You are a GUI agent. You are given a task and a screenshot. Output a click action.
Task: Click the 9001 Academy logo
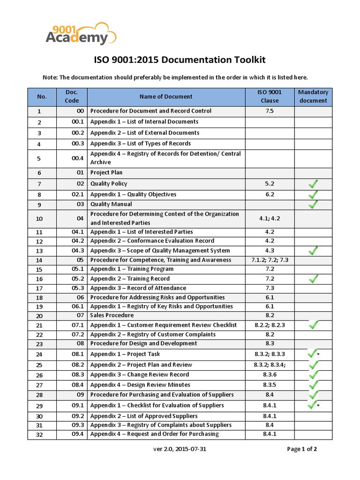coord(81,34)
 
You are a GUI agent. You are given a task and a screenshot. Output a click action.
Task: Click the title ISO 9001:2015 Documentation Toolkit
coord(180,60)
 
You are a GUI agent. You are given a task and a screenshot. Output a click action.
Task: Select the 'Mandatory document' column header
coord(313,97)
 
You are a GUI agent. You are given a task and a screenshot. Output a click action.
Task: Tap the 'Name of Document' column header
coord(166,97)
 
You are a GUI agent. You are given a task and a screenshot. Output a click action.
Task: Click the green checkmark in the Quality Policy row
coord(313,184)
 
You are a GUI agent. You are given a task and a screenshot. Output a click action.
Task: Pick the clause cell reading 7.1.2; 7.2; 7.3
coord(270,260)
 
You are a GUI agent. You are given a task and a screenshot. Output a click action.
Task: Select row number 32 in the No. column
coord(39,435)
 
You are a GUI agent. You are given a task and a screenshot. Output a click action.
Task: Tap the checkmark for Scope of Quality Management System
coord(313,251)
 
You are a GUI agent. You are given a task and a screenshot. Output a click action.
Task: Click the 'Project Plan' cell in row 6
coord(106,172)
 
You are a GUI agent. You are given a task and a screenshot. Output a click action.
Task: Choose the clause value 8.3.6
coord(270,375)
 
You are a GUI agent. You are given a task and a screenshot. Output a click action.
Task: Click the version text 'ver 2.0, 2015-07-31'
coord(180,449)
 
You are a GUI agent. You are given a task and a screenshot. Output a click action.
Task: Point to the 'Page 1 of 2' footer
coord(302,449)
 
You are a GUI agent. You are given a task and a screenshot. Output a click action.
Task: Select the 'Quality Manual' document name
coord(111,204)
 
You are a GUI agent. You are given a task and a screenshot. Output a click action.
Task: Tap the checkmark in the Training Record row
coord(313,279)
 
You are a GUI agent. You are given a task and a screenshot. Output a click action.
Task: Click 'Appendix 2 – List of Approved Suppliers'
coord(144,416)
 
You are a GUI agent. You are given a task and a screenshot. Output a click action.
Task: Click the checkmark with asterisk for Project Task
coord(313,354)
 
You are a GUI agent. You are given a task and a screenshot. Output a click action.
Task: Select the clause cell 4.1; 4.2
coord(270,218)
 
